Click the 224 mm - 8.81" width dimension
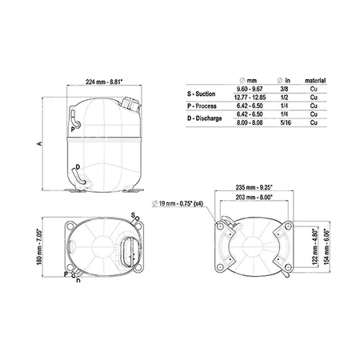[110, 79]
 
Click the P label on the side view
[72, 129]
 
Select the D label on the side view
[76, 166]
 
